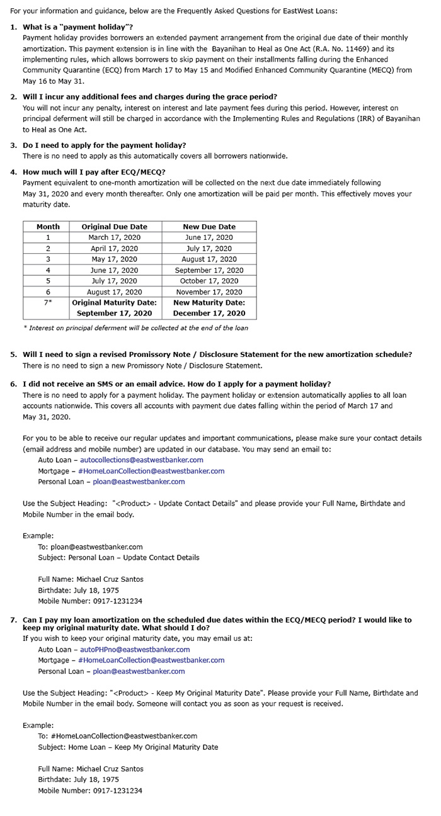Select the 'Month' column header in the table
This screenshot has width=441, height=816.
(x=48, y=227)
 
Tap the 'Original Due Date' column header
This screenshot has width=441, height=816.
(x=114, y=227)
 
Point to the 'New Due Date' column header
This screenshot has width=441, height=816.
(x=209, y=227)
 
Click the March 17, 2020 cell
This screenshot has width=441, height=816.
(x=114, y=237)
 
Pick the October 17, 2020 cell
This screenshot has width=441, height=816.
(x=209, y=281)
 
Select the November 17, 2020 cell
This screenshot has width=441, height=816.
(x=209, y=292)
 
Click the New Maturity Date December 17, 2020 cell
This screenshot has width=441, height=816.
(x=209, y=308)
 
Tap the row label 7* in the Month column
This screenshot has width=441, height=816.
(x=48, y=303)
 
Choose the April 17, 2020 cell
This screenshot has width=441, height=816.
(x=114, y=249)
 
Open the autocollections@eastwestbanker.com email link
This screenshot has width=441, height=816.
(x=141, y=460)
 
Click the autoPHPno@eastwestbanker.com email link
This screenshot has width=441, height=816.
(x=135, y=649)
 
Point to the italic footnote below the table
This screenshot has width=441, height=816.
(x=135, y=327)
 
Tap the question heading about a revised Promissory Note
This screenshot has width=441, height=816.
(x=217, y=354)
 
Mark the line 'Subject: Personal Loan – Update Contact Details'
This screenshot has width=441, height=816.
(x=118, y=557)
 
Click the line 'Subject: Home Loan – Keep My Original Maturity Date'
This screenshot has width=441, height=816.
(x=128, y=747)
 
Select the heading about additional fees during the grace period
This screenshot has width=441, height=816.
(x=149, y=96)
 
